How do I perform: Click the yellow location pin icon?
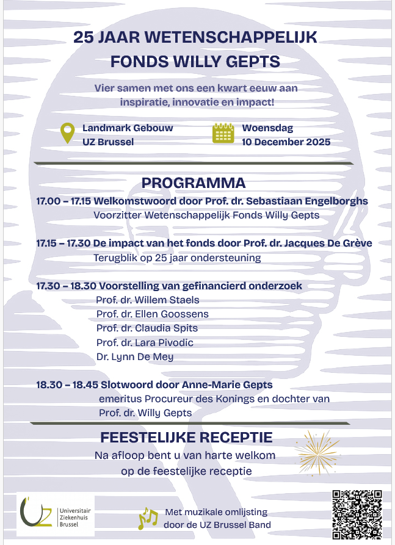click(67, 134)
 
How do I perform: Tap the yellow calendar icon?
click(223, 133)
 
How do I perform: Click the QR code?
click(357, 513)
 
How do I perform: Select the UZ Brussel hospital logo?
click(56, 516)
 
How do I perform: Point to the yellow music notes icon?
click(148, 519)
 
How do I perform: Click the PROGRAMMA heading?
click(194, 183)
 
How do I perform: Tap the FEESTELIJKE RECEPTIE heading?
click(186, 438)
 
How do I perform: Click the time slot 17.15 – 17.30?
click(63, 244)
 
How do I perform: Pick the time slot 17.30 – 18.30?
click(63, 286)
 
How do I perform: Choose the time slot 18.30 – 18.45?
click(63, 385)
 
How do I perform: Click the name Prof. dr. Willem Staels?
click(148, 300)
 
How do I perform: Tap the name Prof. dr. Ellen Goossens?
click(153, 314)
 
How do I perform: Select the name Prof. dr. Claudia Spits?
click(147, 328)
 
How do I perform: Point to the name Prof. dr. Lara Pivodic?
click(145, 342)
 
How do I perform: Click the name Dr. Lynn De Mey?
click(135, 356)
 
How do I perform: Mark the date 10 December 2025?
click(286, 142)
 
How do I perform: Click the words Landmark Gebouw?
click(128, 128)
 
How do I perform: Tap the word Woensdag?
click(267, 128)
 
